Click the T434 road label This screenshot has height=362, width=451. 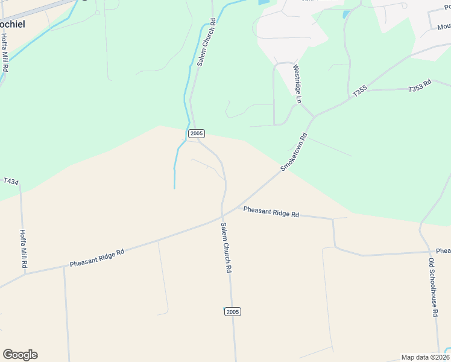(11, 180)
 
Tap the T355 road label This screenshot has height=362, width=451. (359, 91)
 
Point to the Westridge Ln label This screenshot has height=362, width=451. (297, 83)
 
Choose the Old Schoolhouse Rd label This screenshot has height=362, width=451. (432, 288)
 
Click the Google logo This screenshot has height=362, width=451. (20, 355)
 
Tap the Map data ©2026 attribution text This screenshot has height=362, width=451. (425, 357)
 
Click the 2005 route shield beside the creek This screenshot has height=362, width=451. (197, 133)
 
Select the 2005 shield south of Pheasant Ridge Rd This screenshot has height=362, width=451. (233, 311)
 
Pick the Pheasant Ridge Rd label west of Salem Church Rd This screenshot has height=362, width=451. (96, 258)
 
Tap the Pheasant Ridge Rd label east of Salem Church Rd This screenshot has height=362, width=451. (271, 212)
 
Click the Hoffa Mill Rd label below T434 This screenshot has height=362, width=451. (24, 249)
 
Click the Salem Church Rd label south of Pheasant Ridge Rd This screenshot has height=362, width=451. (226, 248)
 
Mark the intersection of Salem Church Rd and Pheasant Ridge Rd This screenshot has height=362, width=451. (222, 215)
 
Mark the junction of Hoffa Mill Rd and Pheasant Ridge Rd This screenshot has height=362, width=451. (25, 273)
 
